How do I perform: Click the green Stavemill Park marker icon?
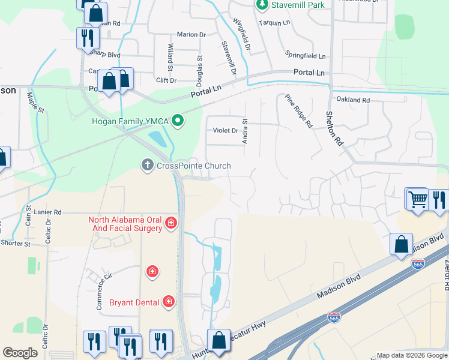[262, 5]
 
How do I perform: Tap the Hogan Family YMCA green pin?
[177, 121]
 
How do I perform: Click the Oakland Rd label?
[353, 100]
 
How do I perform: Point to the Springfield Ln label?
[305, 55]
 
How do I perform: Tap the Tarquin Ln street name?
[274, 22]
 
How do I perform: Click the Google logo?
[20, 353]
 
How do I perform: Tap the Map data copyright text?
[412, 355]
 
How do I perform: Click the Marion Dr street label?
[191, 35]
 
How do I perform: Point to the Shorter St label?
[16, 244]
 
